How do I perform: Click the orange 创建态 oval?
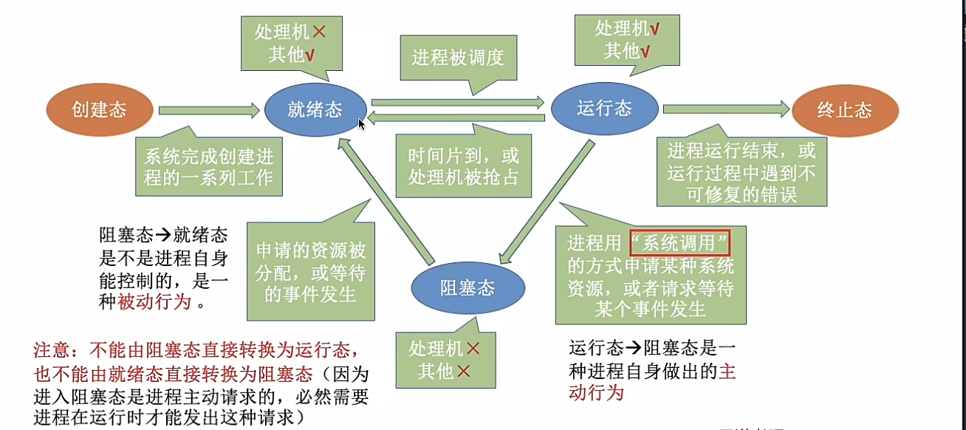click(99, 110)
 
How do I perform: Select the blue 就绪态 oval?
click(315, 110)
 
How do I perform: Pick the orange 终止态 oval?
click(844, 111)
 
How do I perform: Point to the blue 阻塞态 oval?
click(467, 287)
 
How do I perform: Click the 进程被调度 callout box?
click(458, 58)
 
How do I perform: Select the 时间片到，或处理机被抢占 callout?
click(464, 166)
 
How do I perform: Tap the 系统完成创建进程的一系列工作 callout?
click(209, 167)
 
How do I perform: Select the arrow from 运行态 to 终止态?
click(727, 109)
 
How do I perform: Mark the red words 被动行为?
click(154, 301)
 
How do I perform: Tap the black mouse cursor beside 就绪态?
click(362, 124)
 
